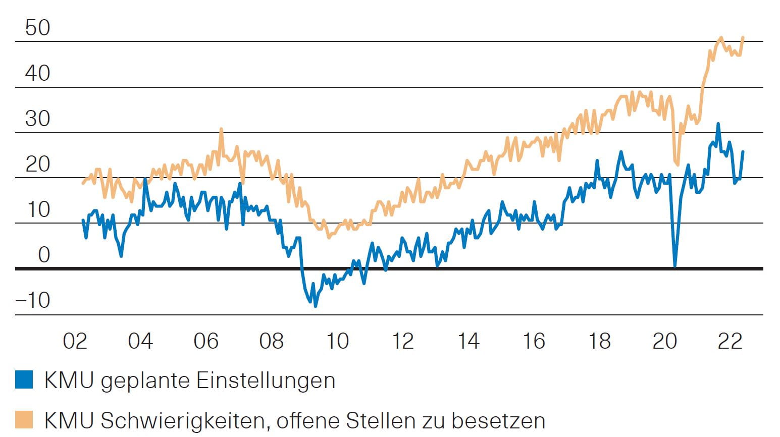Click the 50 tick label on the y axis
38,28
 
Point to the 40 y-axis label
38,74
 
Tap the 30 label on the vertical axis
38,119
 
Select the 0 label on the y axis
44,255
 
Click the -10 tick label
33,301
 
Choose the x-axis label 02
75,342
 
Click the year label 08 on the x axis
271,342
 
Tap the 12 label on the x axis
402,342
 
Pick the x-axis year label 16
534,342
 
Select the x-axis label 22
730,342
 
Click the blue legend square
24,379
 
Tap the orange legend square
24,420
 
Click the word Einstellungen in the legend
266,381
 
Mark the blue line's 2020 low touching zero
675,265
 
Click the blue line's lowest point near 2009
316,305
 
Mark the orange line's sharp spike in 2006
221,130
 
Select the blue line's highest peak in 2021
718,124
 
